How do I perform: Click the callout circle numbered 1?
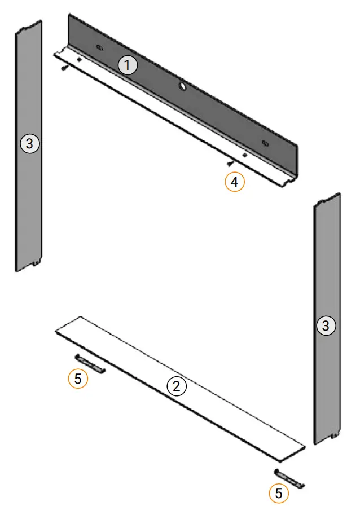click(128, 65)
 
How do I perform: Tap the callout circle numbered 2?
click(177, 386)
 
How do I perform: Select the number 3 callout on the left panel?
click(29, 144)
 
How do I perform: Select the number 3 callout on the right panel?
click(326, 325)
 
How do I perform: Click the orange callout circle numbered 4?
click(235, 182)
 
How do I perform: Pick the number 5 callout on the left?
click(78, 379)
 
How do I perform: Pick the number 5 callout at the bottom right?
click(278, 494)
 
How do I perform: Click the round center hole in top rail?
click(183, 86)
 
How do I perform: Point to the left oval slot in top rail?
click(99, 48)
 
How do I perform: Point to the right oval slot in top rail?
click(265, 143)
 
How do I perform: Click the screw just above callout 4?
click(229, 164)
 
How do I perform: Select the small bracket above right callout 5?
click(289, 478)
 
